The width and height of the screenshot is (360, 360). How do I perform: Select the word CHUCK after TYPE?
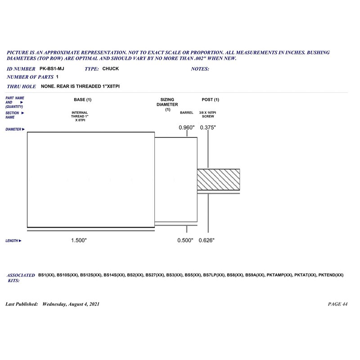point(111,69)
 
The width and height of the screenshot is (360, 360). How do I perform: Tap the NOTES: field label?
point(200,69)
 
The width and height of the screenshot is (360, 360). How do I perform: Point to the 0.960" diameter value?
point(187,127)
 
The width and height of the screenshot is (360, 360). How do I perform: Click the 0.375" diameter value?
point(208,127)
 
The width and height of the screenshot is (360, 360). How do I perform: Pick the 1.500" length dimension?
point(79,241)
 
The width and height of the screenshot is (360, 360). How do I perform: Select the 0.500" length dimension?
point(185,241)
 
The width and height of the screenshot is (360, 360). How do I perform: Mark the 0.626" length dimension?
point(207,241)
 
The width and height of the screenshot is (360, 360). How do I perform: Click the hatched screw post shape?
point(218,180)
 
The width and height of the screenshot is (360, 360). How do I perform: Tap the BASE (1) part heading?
point(82,99)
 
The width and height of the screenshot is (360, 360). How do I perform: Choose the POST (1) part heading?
point(211,99)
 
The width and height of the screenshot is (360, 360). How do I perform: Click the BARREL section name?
point(186,112)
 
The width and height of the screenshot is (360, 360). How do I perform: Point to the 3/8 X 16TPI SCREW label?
point(208,114)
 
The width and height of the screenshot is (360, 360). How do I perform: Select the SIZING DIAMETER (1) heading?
point(167,104)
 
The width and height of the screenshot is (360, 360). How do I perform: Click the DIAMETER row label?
point(15,129)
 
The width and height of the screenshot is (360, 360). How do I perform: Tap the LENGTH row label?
point(13,241)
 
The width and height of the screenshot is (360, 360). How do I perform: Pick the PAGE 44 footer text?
point(338,304)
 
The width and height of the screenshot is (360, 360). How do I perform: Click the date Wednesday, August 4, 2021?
point(71,304)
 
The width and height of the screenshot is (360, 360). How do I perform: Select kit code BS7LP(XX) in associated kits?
point(214,275)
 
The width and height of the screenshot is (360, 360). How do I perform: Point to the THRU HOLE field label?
point(22,86)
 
